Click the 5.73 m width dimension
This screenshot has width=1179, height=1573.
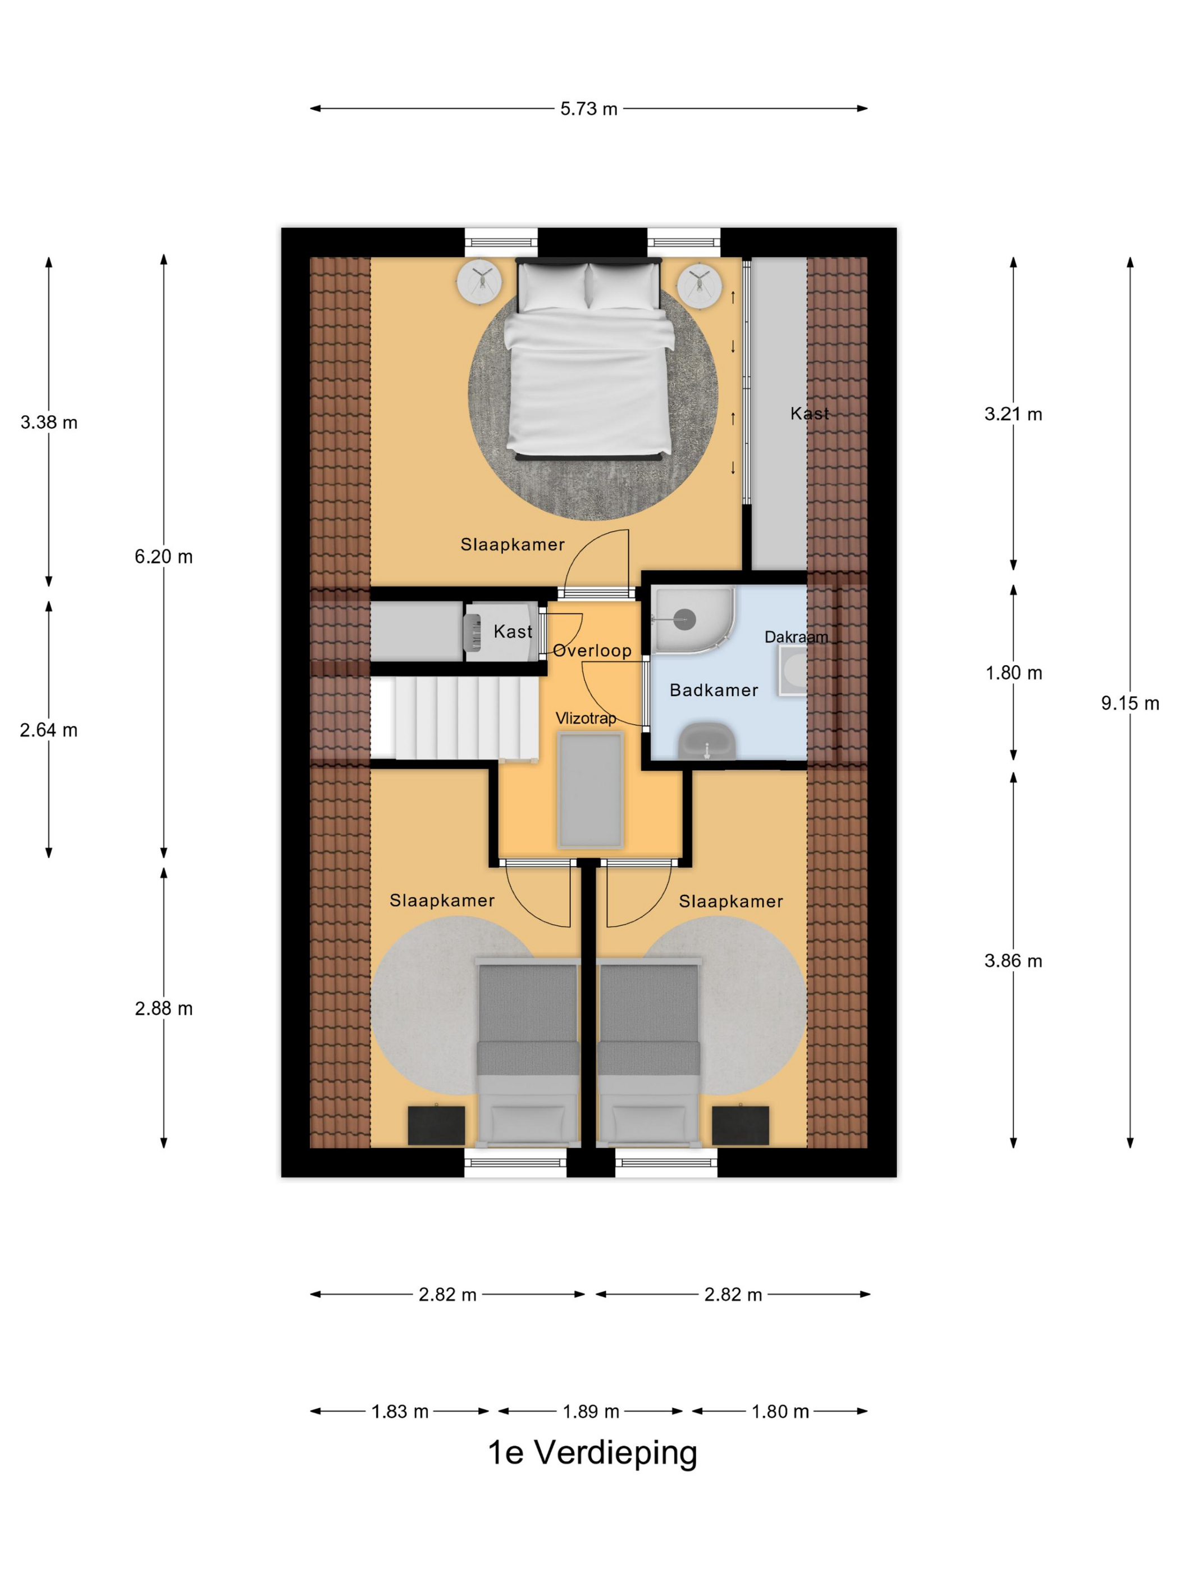click(x=588, y=109)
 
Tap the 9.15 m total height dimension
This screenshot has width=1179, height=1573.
click(x=1129, y=703)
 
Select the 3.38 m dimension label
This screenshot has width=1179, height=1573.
click(x=49, y=422)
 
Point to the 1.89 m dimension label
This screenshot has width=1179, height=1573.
click(x=591, y=1412)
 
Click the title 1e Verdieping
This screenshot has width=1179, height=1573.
click(x=592, y=1452)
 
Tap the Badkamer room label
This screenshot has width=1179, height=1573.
click(x=714, y=690)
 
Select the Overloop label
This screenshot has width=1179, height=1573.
click(x=592, y=650)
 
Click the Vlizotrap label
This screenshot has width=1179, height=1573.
click(x=586, y=718)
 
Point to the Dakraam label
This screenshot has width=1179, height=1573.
click(x=796, y=637)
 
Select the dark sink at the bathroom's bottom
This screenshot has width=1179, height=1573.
click(x=706, y=741)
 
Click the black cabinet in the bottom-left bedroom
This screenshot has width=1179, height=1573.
click(x=436, y=1125)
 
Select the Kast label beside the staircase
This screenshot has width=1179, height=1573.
click(x=513, y=631)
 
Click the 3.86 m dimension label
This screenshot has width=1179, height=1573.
click(x=1013, y=961)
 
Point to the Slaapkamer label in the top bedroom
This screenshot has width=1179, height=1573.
click(x=513, y=545)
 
